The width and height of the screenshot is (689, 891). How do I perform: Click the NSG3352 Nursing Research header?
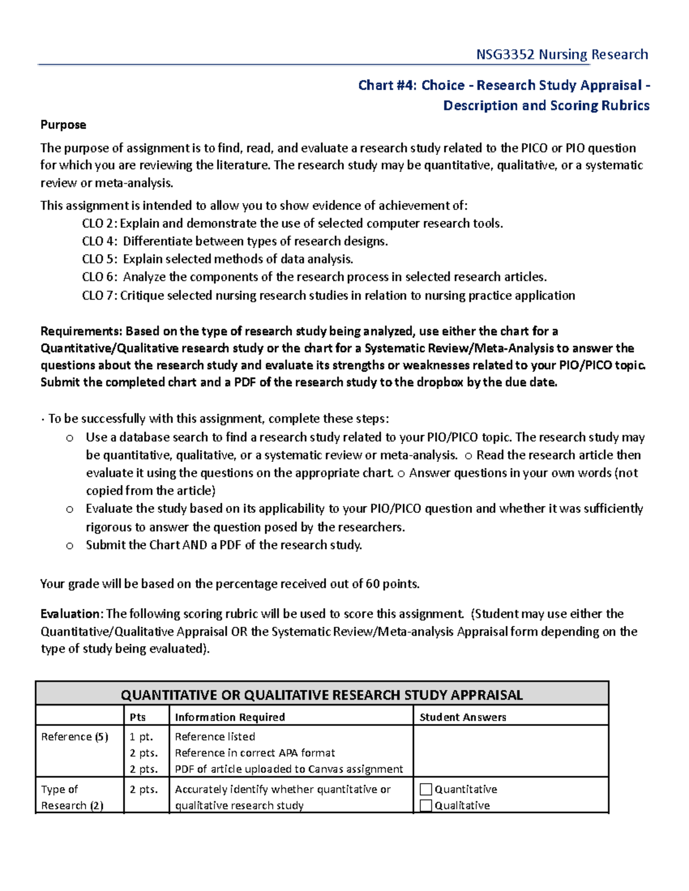click(x=562, y=55)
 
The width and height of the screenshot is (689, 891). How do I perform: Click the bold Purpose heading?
click(x=63, y=124)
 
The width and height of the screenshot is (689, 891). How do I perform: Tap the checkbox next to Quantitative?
click(x=425, y=789)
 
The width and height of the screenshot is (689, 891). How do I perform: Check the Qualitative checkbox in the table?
click(x=425, y=806)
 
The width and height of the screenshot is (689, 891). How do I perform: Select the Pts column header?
click(x=138, y=717)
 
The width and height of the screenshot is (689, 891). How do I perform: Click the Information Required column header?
click(x=230, y=717)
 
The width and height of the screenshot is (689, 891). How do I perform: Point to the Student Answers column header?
click(x=463, y=717)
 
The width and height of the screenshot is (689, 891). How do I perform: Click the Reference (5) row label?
click(x=75, y=737)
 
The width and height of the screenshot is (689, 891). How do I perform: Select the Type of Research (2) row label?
click(x=72, y=797)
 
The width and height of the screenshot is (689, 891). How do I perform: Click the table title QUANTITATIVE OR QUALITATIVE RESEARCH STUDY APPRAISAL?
click(x=322, y=695)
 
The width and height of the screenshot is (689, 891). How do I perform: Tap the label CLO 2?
click(x=99, y=224)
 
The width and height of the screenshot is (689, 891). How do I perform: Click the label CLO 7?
click(x=99, y=295)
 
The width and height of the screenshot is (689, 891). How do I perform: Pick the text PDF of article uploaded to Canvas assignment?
click(x=289, y=769)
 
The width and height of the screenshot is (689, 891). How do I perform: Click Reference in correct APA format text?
click(x=255, y=753)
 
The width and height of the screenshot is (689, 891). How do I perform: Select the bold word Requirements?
click(x=80, y=331)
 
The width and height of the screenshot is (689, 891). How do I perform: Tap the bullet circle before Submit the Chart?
click(x=69, y=546)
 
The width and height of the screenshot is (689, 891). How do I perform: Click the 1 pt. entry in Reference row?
click(x=141, y=737)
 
